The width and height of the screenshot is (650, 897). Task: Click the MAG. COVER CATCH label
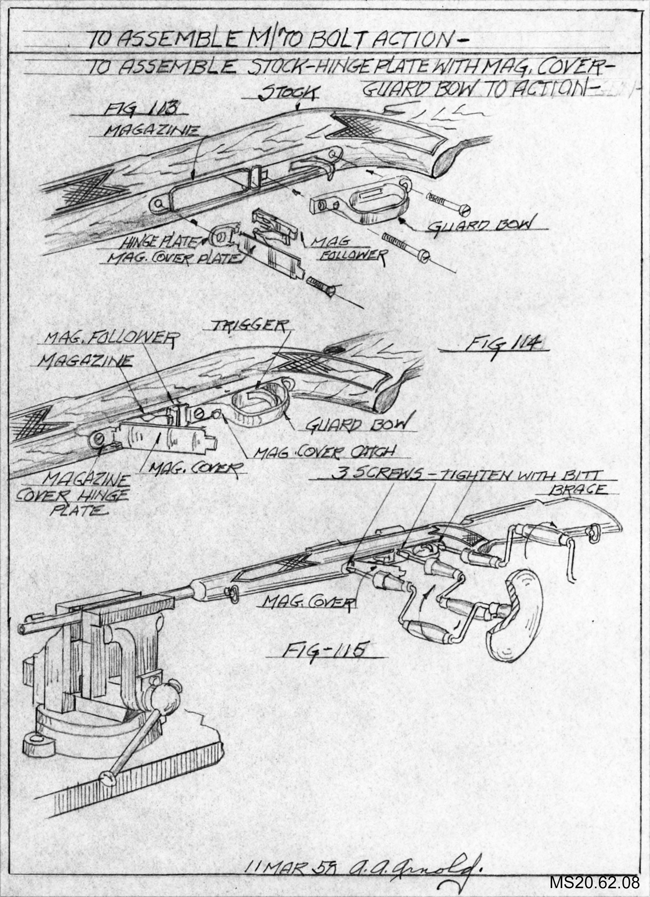[x=323, y=452]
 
